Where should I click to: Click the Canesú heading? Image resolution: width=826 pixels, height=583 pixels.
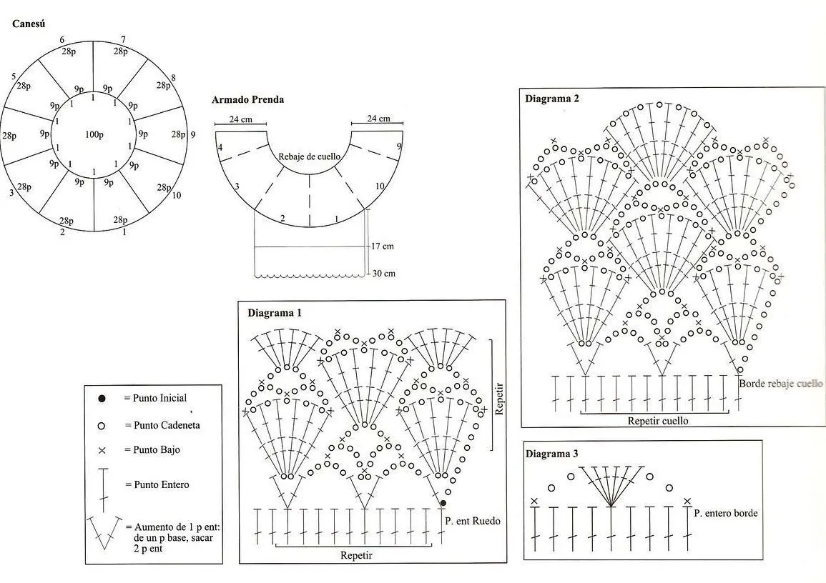29,24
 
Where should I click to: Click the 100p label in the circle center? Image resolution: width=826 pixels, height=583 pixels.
94,135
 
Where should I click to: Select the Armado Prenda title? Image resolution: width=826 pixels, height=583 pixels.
247,99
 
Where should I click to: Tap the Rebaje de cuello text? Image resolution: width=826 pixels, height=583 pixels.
309,156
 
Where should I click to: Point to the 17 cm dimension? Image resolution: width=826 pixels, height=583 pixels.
383,246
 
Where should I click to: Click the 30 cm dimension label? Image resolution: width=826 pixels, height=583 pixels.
383,273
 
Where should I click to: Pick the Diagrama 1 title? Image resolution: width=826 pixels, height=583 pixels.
275,313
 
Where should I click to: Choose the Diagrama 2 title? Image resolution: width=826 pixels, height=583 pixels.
552,99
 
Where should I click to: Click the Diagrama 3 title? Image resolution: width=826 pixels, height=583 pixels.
552,454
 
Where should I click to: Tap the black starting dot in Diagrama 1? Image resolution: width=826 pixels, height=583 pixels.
443,504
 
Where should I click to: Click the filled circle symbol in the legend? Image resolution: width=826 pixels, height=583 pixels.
102,399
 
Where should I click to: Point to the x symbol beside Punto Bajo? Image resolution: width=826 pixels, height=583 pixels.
102,451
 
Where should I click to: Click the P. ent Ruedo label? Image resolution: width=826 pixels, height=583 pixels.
473,521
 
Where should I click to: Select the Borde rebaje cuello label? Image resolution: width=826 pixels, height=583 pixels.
780,384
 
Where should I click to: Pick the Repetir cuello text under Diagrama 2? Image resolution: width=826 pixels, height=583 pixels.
658,421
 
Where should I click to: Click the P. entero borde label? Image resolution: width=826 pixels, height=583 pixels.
726,513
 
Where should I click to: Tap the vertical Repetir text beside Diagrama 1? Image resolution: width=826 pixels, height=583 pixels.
499,399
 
